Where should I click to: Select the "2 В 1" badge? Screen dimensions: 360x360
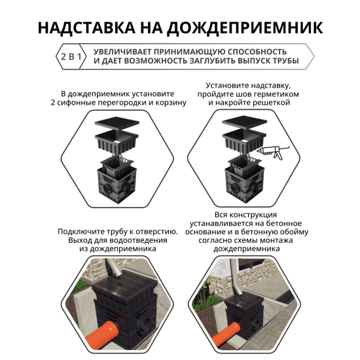[71, 56]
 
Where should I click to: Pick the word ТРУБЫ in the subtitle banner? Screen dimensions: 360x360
[283, 62]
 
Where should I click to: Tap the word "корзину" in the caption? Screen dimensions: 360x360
[171, 103]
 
